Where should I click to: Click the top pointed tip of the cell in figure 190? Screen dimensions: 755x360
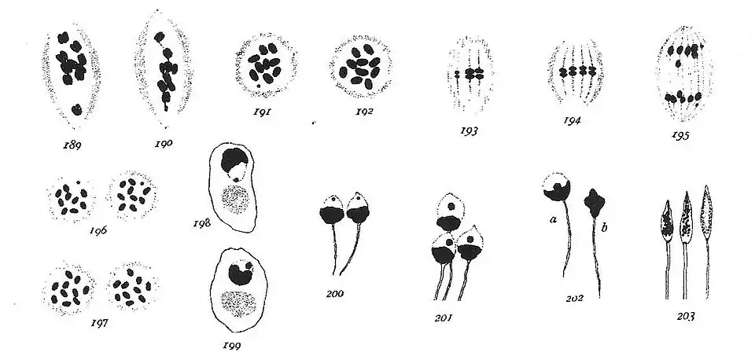pyautogui.click(x=158, y=10)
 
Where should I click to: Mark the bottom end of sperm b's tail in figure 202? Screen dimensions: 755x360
pyautogui.click(x=600, y=296)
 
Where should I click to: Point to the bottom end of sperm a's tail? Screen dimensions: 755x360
pyautogui.click(x=564, y=277)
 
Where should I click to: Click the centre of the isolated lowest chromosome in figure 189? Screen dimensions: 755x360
pyautogui.click(x=76, y=110)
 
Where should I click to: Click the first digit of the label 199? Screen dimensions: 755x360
pyautogui.click(x=225, y=345)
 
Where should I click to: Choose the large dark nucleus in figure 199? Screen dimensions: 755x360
pyautogui.click(x=239, y=274)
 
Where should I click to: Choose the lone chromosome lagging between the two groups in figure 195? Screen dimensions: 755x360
pyautogui.click(x=679, y=63)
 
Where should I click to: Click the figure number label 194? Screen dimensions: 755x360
pyautogui.click(x=572, y=120)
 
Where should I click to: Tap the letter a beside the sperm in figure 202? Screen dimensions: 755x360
pyautogui.click(x=553, y=220)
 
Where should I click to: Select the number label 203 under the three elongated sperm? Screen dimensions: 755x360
pyautogui.click(x=686, y=317)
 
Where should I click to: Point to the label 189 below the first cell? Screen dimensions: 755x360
pyautogui.click(x=72, y=145)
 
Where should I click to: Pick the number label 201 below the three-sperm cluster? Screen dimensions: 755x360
pyautogui.click(x=444, y=318)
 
